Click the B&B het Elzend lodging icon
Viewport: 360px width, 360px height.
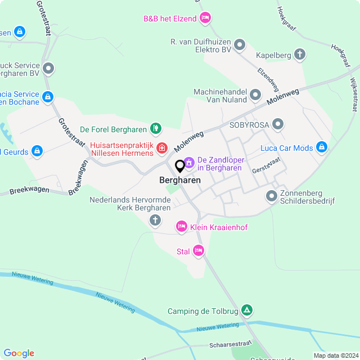tap(206, 19)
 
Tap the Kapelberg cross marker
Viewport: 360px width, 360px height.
tap(300, 55)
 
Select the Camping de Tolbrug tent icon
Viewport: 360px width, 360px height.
tap(246, 310)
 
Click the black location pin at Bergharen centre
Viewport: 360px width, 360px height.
tap(180, 166)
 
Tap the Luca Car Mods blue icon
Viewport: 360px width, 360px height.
tap(321, 148)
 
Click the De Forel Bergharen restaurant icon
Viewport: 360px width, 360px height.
tap(156, 129)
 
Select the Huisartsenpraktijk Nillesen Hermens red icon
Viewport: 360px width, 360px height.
tap(162, 148)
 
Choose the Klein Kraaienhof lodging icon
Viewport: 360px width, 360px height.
tap(182, 227)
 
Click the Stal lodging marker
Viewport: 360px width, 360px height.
tap(198, 251)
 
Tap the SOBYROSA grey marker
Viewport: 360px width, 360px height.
tap(277, 124)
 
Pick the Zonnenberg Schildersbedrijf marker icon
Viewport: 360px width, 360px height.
tap(272, 196)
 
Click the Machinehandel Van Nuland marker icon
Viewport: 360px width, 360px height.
tap(255, 95)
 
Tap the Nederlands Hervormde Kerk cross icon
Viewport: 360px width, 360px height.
tap(155, 220)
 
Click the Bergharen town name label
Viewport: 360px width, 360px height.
tap(180, 181)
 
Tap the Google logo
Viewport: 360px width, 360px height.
tap(19, 353)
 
